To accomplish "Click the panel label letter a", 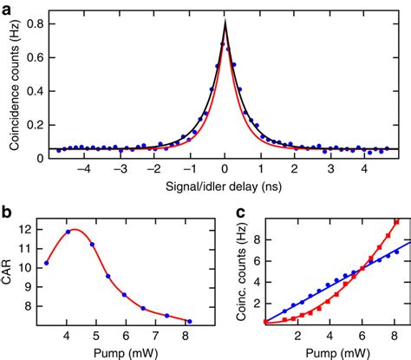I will (x=7, y=8).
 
